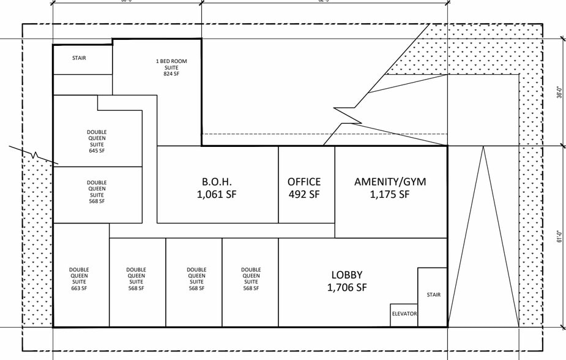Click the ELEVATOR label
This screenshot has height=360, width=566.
point(404,314)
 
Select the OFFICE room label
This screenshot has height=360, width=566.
point(304,182)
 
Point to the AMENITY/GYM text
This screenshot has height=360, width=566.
point(390,182)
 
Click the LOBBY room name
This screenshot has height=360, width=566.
point(347,275)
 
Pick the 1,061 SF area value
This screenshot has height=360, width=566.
point(217,195)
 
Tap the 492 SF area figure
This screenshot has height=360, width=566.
point(304,195)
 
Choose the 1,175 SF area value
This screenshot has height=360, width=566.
point(390,195)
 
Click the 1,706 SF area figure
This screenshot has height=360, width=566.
point(347,288)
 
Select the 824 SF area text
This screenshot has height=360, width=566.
point(171,74)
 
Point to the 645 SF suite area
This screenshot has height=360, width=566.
point(97,151)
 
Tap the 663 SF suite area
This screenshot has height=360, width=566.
point(79,288)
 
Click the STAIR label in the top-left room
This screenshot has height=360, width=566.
point(79,58)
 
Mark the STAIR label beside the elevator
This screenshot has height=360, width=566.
point(433,295)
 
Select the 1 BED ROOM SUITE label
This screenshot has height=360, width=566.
point(171,64)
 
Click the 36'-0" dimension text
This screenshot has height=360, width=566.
point(559,91)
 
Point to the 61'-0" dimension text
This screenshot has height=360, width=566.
point(559,236)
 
